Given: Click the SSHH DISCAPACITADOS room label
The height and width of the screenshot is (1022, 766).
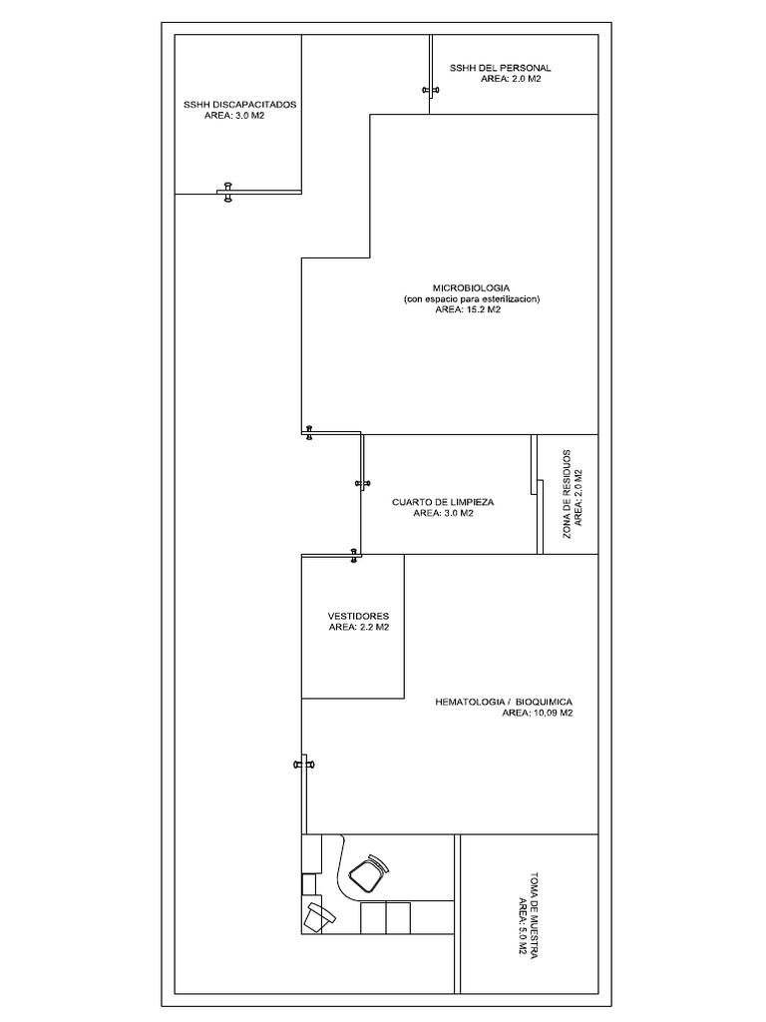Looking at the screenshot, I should (238, 105).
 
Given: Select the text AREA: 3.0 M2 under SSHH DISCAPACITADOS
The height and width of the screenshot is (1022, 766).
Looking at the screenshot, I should (234, 116).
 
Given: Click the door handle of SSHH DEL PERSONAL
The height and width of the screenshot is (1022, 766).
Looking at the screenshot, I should (431, 91).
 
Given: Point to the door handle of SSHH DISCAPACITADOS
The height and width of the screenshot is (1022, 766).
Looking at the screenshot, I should (227, 193).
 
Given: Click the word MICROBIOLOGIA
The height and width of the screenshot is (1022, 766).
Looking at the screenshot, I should (472, 287).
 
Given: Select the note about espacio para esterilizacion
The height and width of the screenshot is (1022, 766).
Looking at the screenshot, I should (472, 298).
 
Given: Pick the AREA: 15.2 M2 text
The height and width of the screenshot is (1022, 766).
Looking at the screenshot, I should (468, 309).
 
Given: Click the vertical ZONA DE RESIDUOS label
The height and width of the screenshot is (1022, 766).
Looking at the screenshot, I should (568, 494).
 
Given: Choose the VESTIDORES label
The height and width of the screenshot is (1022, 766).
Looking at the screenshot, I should (358, 616).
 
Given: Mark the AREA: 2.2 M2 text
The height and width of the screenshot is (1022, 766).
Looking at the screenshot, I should (358, 628).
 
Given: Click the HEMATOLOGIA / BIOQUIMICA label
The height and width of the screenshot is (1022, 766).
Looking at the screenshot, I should (504, 703).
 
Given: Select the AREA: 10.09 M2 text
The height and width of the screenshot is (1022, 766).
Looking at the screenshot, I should (537, 714).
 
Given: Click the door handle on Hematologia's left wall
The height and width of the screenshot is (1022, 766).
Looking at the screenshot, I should (303, 764).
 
